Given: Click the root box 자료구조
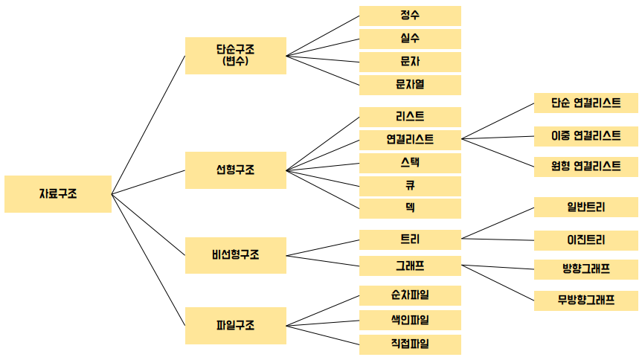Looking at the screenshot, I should point(57,194).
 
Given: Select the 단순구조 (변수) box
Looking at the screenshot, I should point(235,56).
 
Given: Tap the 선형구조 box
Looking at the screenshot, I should point(235,170).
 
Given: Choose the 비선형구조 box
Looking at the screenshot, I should point(235,255).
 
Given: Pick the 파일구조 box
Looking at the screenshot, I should point(235,325).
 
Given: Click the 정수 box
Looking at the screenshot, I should point(410,16).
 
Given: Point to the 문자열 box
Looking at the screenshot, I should point(410,85).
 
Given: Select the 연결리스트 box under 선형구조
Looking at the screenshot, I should point(410,139).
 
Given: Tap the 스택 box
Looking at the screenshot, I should point(410,162).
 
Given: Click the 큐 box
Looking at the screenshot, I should point(410,185).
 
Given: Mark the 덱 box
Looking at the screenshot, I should point(410,208).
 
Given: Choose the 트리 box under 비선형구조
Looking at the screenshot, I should point(410,240).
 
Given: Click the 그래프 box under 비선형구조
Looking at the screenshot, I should point(410,265).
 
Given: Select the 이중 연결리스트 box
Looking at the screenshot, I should point(585,135).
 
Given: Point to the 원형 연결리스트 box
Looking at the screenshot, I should point(585,166).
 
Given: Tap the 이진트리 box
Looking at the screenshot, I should point(585,240).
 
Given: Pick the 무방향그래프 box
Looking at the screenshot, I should point(585,300).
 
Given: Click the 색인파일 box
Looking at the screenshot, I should point(410,321).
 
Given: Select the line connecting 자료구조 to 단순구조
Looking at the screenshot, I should point(148,125).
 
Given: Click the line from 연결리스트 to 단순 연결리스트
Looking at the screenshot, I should point(498,121).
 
